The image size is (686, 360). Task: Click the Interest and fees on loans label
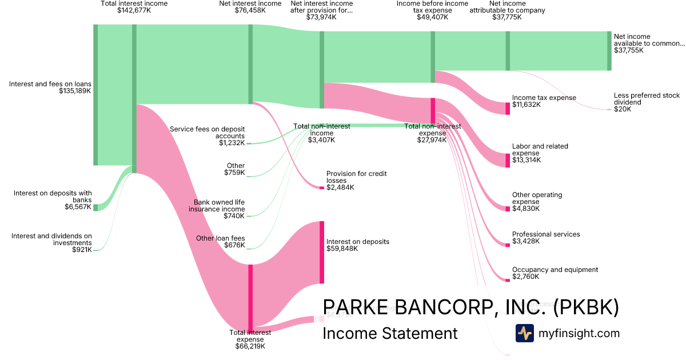(x=50, y=84)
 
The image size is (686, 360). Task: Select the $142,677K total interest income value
(x=134, y=10)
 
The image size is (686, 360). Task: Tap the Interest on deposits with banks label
(x=53, y=197)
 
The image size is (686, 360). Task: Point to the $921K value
(x=82, y=250)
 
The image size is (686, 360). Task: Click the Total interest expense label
(x=250, y=335)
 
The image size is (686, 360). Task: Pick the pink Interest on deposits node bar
(x=322, y=252)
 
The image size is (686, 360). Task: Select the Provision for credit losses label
(x=352, y=177)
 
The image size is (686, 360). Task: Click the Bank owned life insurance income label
(x=217, y=206)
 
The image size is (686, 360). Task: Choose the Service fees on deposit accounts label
(x=208, y=133)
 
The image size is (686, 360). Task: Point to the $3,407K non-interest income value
(x=321, y=140)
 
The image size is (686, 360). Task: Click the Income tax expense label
(x=544, y=98)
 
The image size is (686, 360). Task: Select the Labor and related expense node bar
(x=507, y=161)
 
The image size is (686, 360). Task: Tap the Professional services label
(x=546, y=234)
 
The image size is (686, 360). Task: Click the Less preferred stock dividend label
(x=647, y=99)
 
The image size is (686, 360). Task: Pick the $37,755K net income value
(x=628, y=50)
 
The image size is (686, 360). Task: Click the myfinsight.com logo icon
(x=524, y=333)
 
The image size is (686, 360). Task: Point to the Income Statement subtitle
(x=390, y=333)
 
